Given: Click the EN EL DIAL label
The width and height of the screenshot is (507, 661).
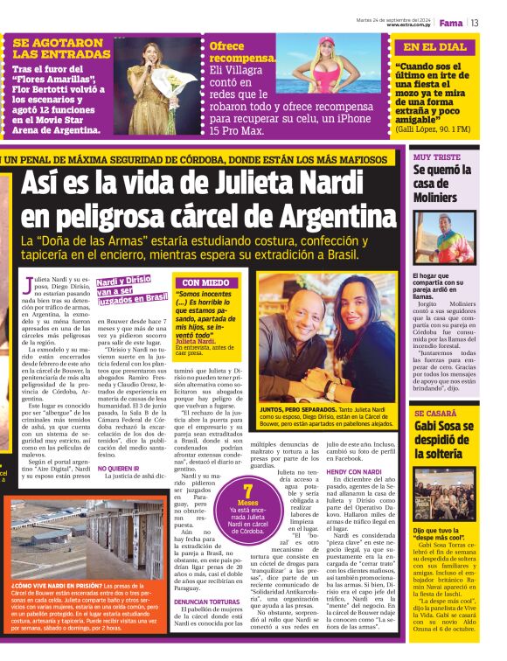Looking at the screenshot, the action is click(x=435, y=46).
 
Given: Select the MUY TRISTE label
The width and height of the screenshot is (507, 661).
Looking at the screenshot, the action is click(x=437, y=157).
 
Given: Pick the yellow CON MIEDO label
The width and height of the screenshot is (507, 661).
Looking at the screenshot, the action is click(x=205, y=282).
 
